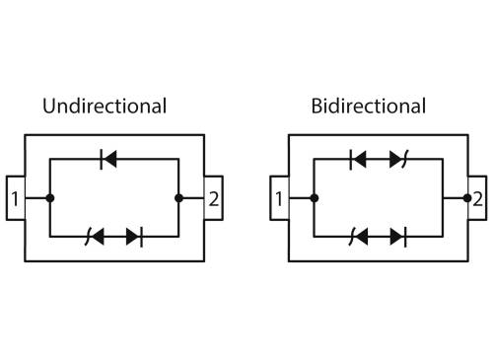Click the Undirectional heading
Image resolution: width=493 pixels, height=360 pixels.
click(x=105, y=107)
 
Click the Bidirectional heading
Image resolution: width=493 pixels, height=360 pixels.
click(x=369, y=107)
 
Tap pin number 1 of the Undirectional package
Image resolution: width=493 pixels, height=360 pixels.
click(x=15, y=199)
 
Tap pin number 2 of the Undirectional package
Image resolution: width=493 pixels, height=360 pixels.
click(x=214, y=199)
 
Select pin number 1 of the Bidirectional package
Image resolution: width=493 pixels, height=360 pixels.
click(x=279, y=199)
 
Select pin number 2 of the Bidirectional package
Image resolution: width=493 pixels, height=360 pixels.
click(x=477, y=199)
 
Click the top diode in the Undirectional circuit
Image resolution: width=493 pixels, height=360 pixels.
click(x=108, y=159)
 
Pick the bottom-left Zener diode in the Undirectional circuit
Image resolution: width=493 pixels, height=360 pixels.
click(x=95, y=237)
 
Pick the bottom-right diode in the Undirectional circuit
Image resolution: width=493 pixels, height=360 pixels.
click(x=134, y=237)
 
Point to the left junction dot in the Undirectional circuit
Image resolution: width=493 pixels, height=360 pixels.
click(x=50, y=198)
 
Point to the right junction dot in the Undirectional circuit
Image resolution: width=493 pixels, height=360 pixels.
click(x=178, y=198)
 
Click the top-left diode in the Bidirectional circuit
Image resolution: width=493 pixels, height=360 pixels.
click(x=358, y=159)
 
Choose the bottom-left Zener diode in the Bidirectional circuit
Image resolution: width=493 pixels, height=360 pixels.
click(x=359, y=237)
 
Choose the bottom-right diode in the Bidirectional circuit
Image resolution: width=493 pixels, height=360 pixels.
click(x=398, y=237)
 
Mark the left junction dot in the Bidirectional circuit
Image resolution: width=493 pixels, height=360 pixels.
click(x=315, y=198)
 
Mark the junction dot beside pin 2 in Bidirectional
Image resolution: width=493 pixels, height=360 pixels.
click(x=467, y=198)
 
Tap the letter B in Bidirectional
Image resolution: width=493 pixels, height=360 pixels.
click(x=317, y=107)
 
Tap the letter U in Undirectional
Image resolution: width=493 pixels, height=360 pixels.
click(x=49, y=107)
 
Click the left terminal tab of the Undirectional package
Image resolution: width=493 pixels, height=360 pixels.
click(x=16, y=198)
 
